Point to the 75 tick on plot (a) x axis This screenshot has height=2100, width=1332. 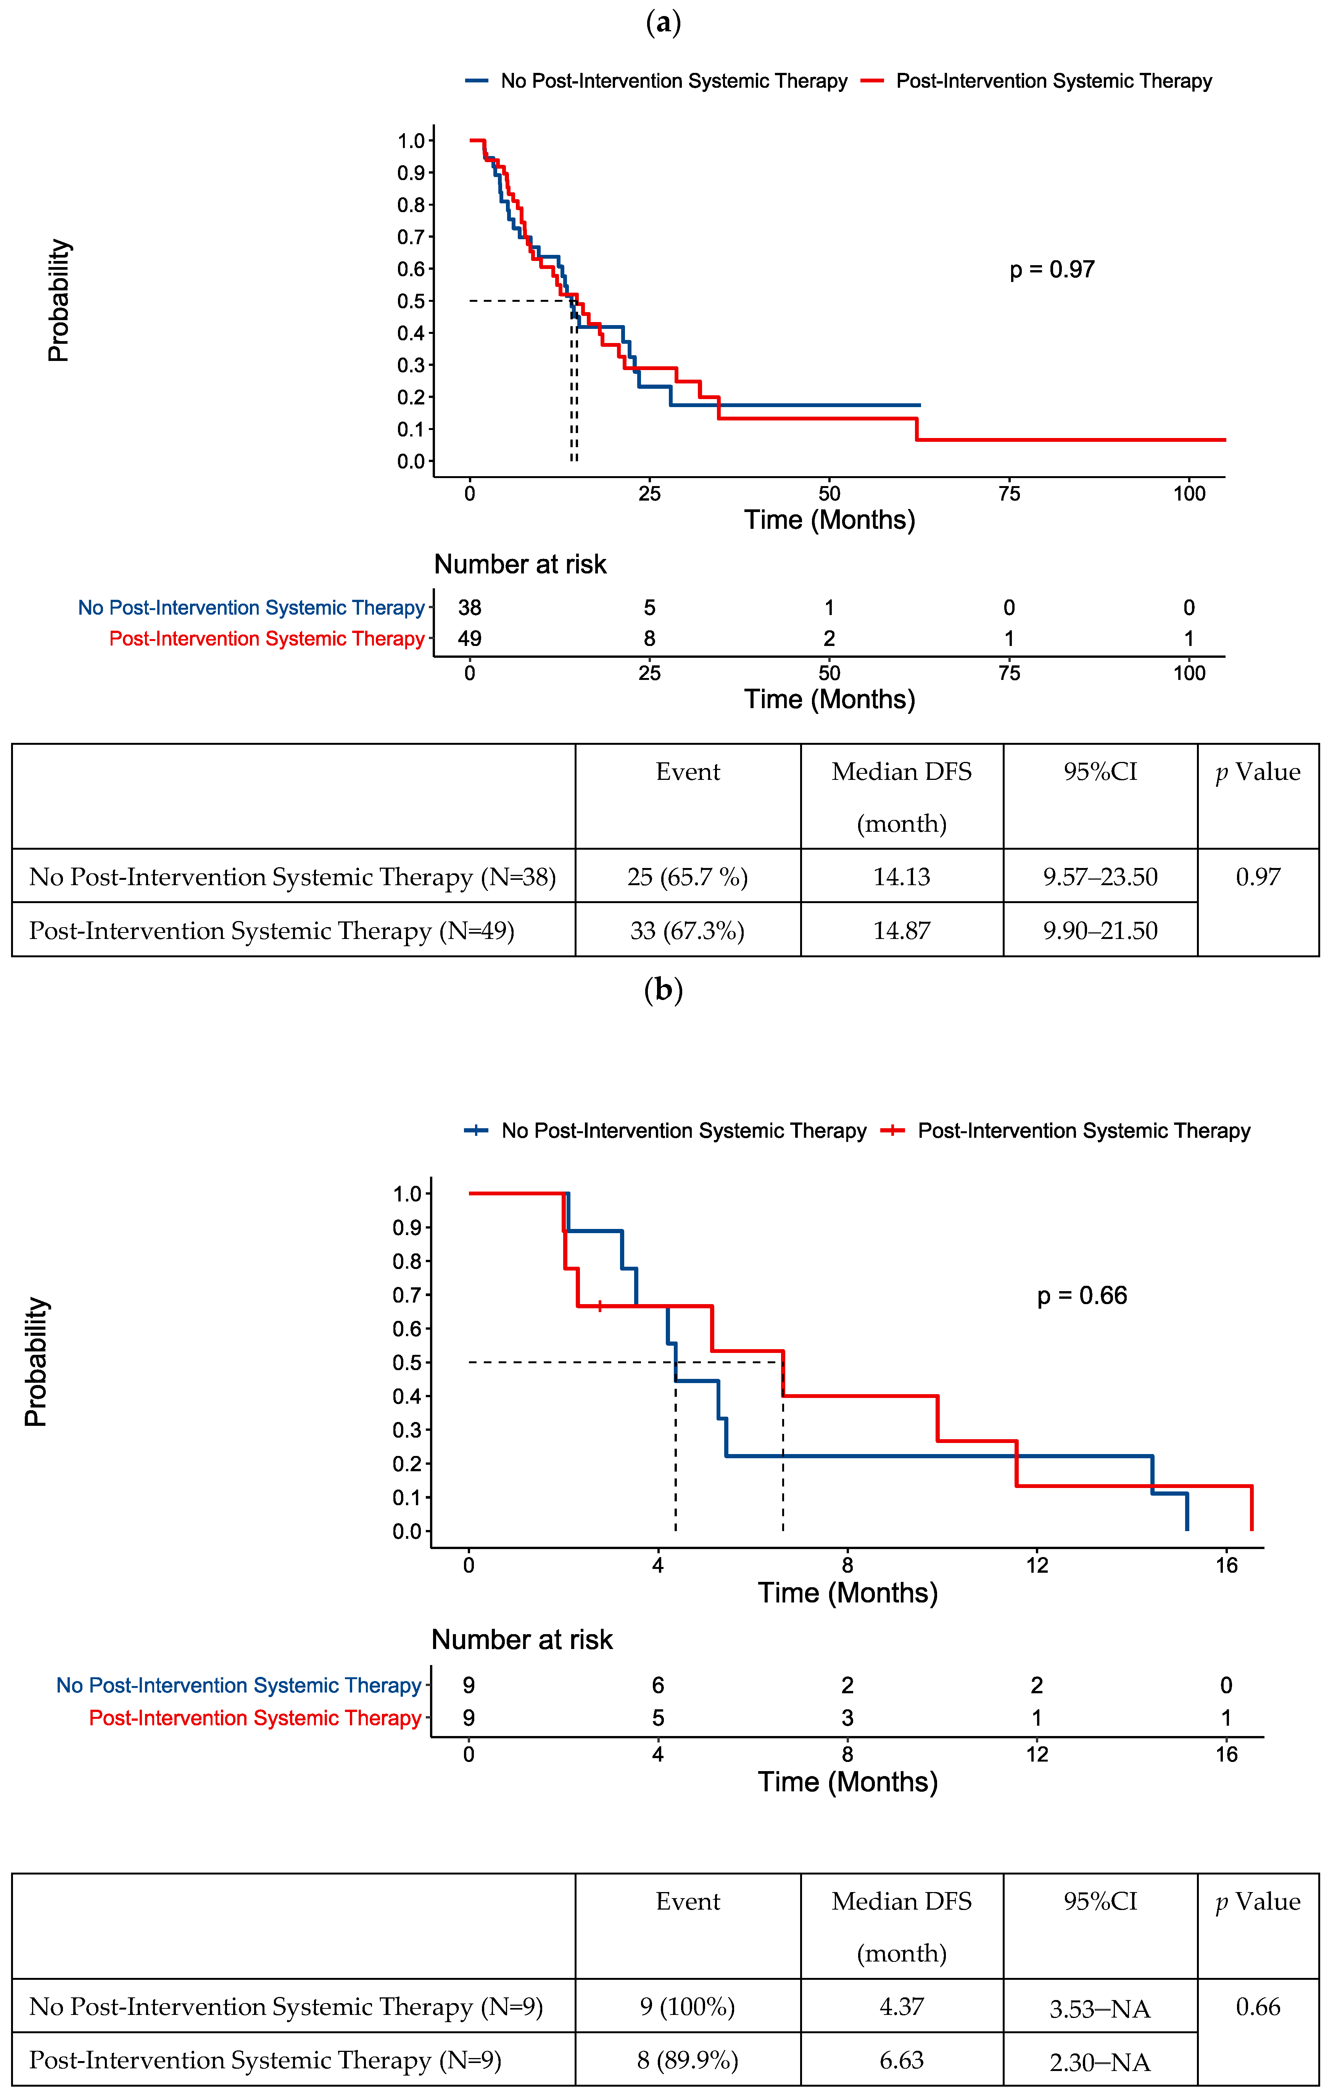click(x=1009, y=494)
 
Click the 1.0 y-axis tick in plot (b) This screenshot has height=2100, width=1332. click(x=407, y=1194)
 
